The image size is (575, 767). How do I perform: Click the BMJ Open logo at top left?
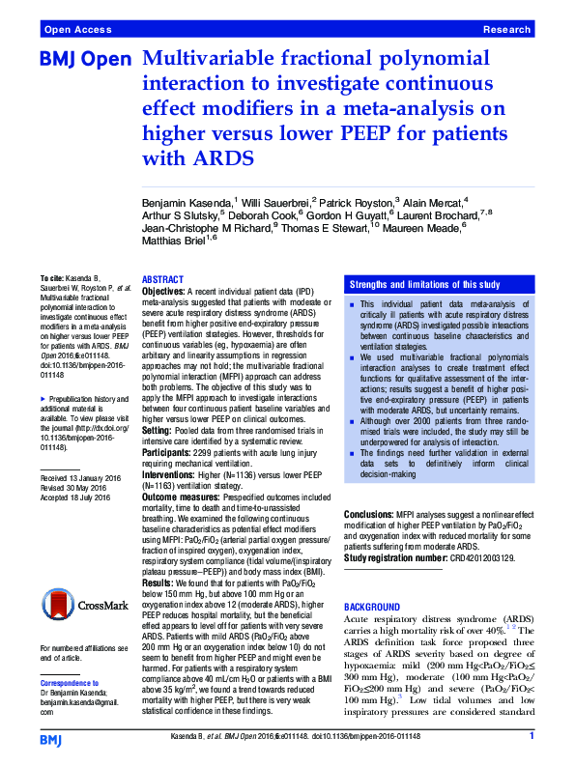point(84,60)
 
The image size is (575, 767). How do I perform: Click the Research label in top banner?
point(507,30)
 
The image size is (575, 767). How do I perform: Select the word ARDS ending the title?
point(172,157)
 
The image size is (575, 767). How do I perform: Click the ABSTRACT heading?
point(162,278)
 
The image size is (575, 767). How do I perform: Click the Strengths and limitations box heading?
point(418,284)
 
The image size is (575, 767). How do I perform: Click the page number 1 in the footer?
point(532,736)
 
